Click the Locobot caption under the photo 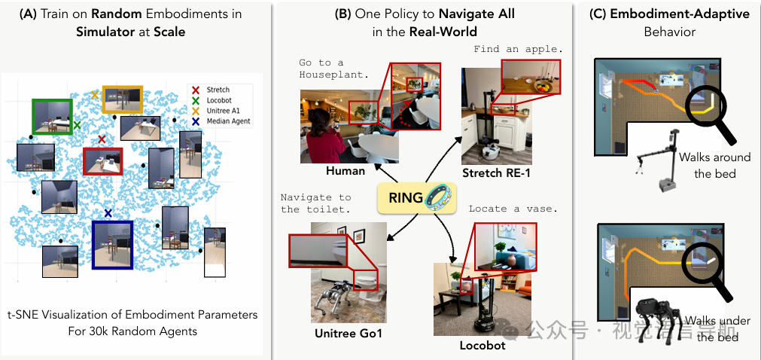[482, 345]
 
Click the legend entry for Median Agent [228, 121]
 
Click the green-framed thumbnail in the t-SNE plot [52, 117]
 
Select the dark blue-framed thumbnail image [111, 244]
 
